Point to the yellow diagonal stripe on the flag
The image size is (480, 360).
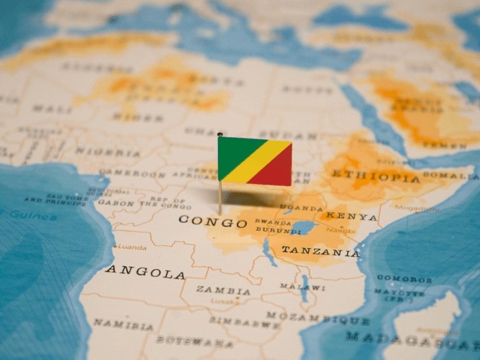(x=255, y=162)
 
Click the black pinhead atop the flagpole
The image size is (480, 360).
(x=219, y=134)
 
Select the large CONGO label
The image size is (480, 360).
(x=213, y=221)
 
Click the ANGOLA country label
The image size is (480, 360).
(x=145, y=272)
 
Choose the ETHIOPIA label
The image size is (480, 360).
(x=375, y=176)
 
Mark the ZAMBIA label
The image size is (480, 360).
(x=223, y=290)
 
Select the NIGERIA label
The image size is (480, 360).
(x=98, y=152)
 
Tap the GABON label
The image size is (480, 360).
(x=116, y=203)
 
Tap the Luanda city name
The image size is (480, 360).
(x=132, y=247)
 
